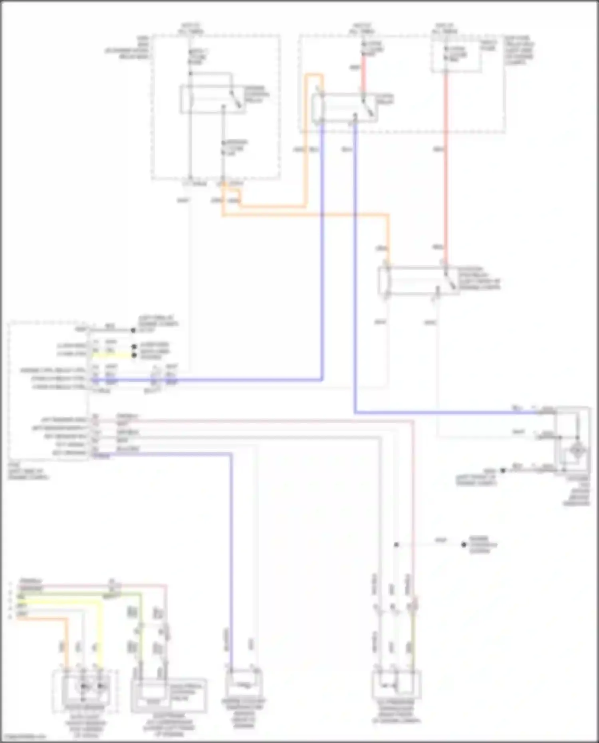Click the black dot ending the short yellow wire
click(x=134, y=355)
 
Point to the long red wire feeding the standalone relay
click(x=446, y=168)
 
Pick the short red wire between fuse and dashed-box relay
click(x=363, y=76)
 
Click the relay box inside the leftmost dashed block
click(x=213, y=99)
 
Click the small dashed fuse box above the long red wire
click(x=455, y=56)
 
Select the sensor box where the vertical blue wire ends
click(x=244, y=684)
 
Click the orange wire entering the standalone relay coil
click(x=388, y=240)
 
